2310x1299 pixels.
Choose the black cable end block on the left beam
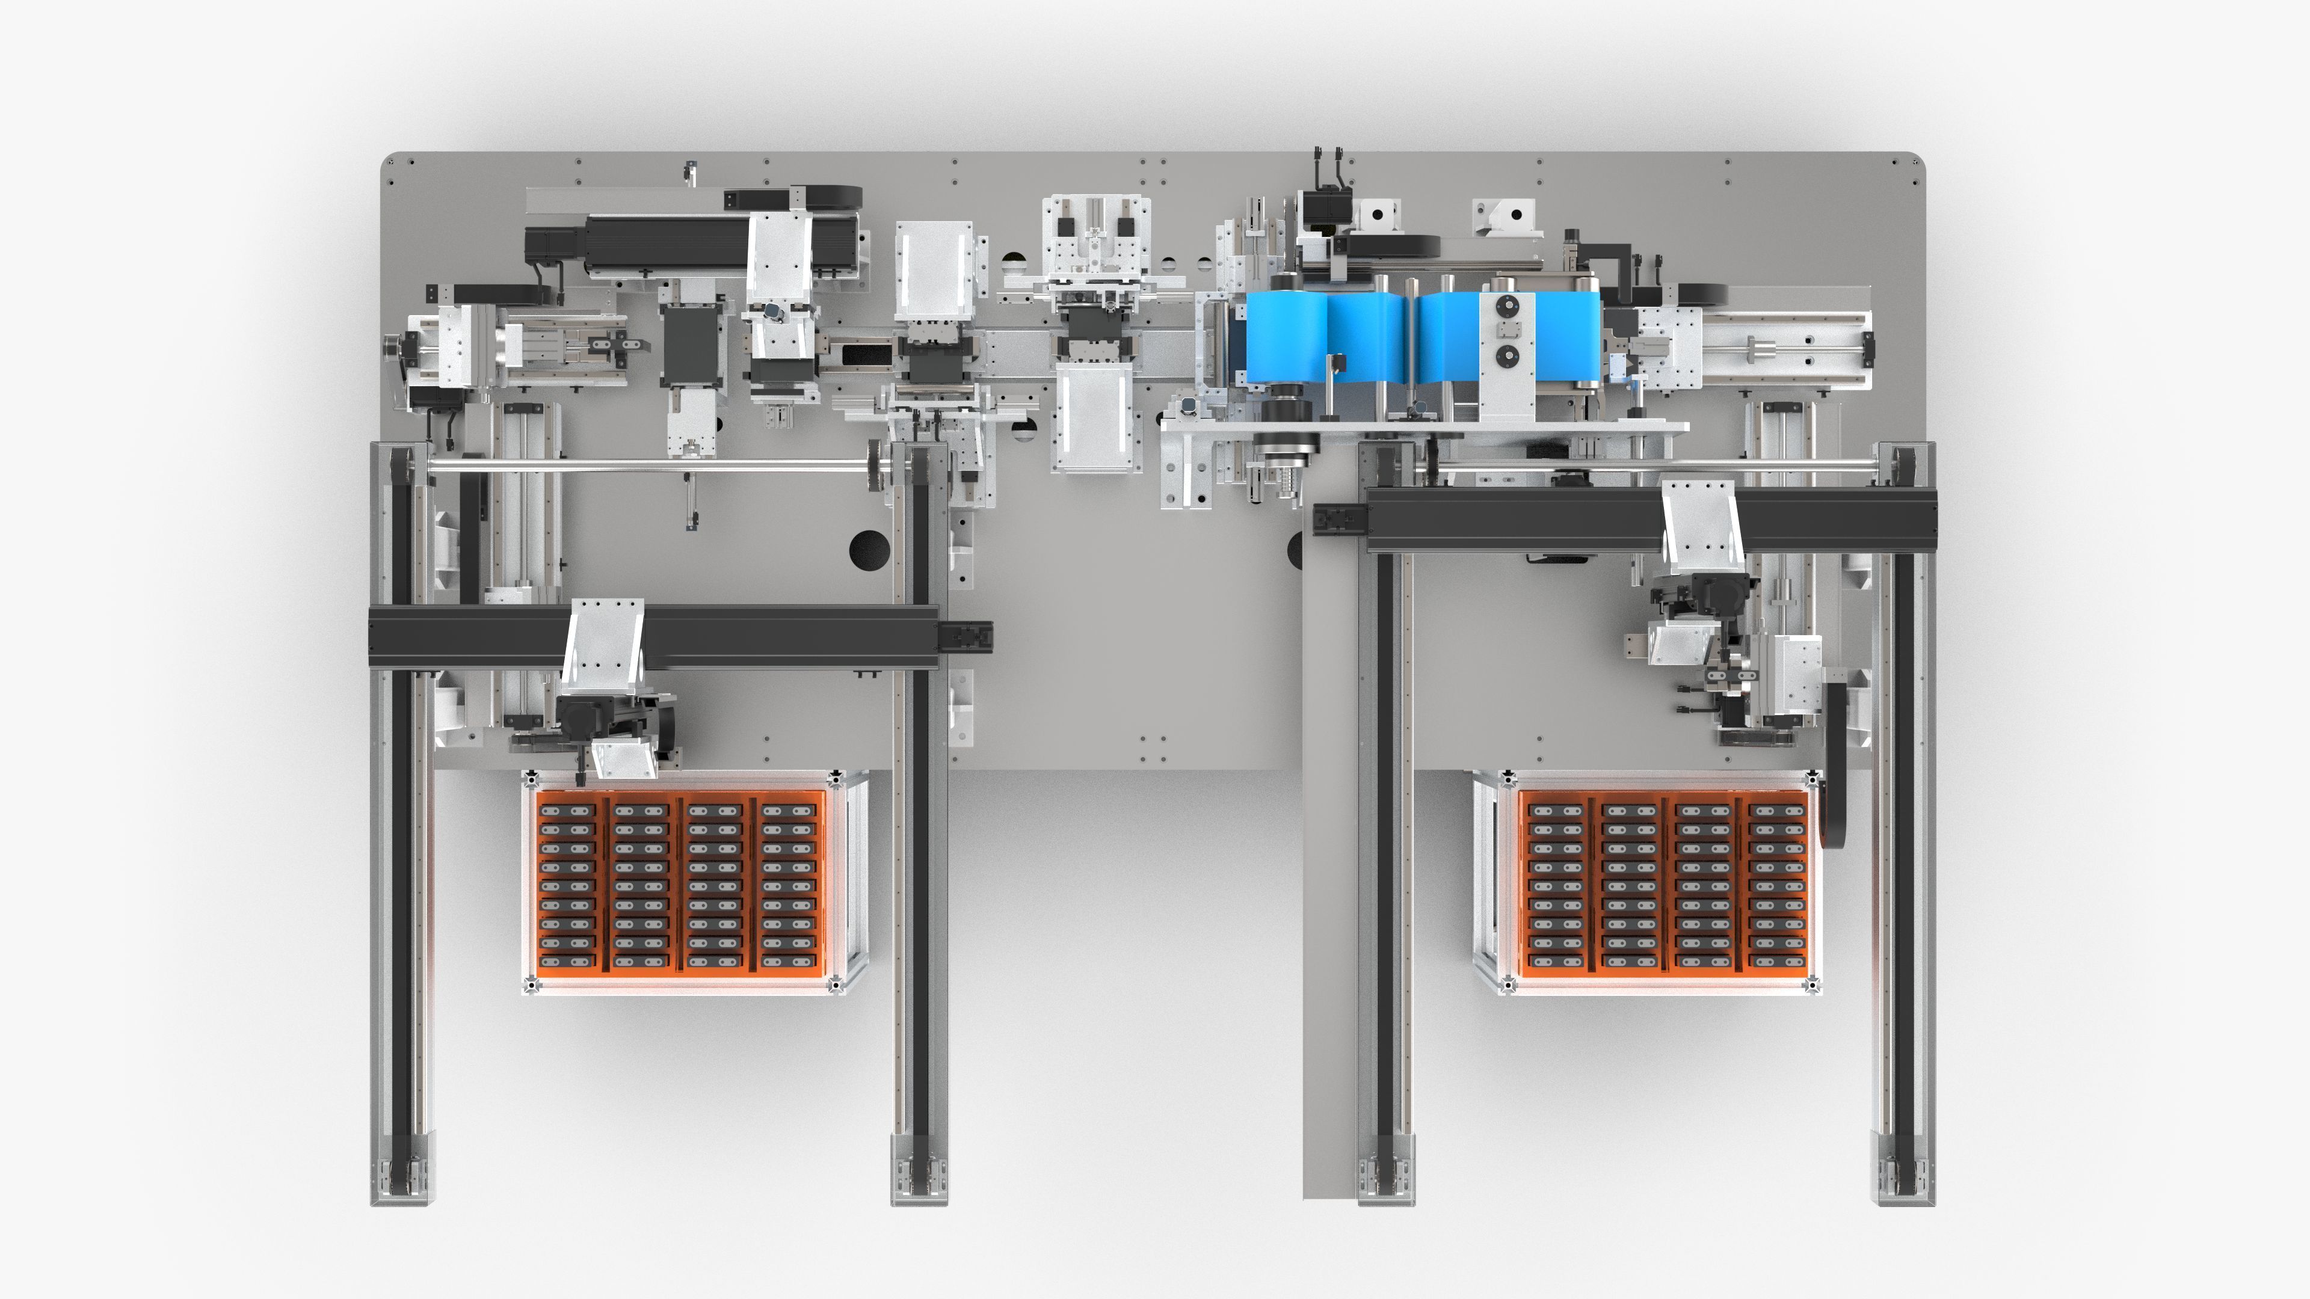pos(966,636)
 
